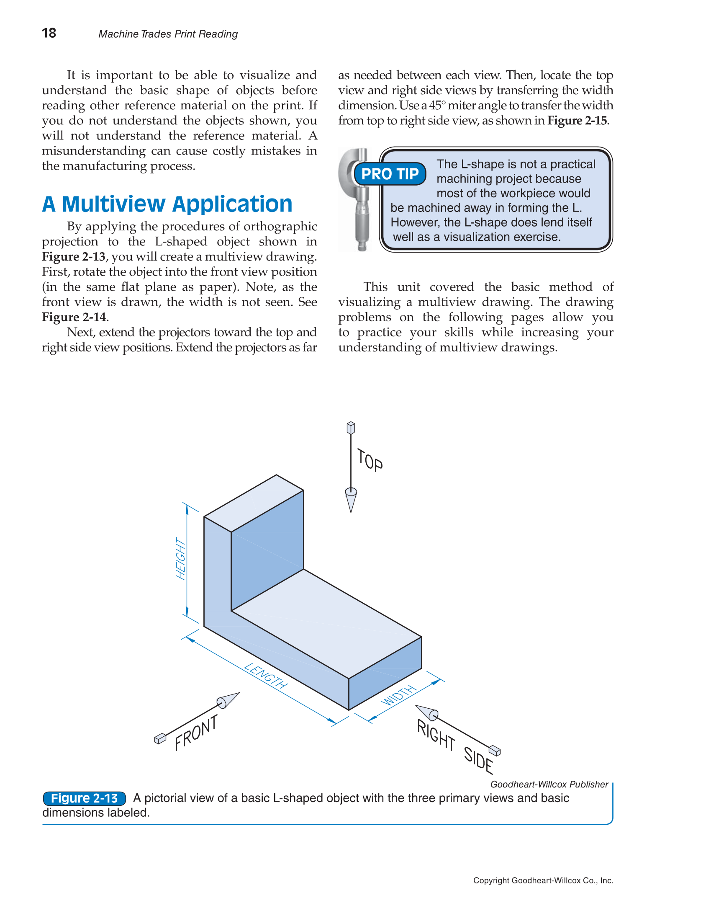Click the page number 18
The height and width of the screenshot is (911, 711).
pyautogui.click(x=49, y=33)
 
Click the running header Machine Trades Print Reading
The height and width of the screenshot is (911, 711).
pyautogui.click(x=168, y=34)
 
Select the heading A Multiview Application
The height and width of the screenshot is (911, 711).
pyautogui.click(x=167, y=204)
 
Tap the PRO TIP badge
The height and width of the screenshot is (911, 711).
pyautogui.click(x=390, y=174)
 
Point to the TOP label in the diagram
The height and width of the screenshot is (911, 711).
pyautogui.click(x=370, y=460)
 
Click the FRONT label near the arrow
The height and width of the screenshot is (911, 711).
pyautogui.click(x=196, y=733)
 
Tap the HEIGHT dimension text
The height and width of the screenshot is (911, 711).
pyautogui.click(x=180, y=558)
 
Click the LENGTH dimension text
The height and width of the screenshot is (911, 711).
pyautogui.click(x=266, y=676)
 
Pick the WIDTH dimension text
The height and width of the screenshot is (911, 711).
pyautogui.click(x=399, y=696)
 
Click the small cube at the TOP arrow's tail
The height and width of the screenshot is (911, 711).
pyautogui.click(x=351, y=428)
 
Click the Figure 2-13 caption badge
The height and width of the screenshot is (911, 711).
pyautogui.click(x=84, y=798)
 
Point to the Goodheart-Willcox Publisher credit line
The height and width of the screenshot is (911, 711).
pyautogui.click(x=549, y=784)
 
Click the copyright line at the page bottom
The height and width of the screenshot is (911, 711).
pyautogui.click(x=543, y=880)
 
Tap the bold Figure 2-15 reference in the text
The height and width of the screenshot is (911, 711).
pyautogui.click(x=577, y=121)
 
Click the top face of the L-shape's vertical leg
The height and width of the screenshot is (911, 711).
pyautogui.click(x=254, y=503)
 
